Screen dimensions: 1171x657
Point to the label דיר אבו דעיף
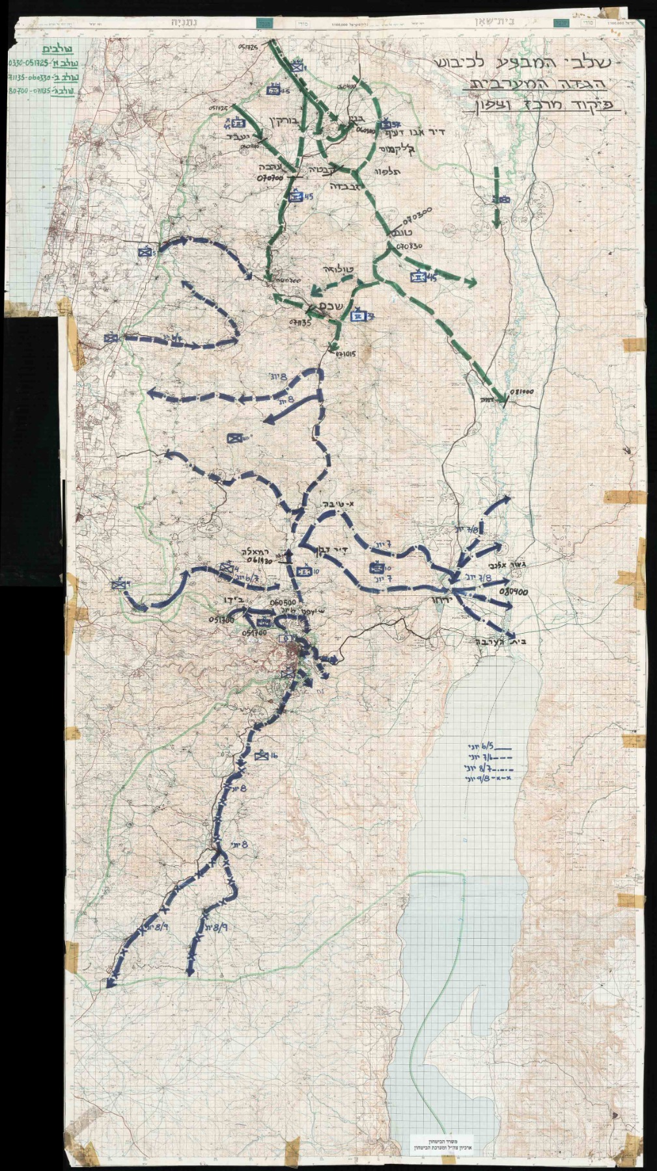pyautogui.click(x=417, y=132)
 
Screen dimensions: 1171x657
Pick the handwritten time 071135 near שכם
pyautogui.click(x=301, y=322)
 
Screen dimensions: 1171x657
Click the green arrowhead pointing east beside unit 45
pyautogui.click(x=469, y=282)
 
